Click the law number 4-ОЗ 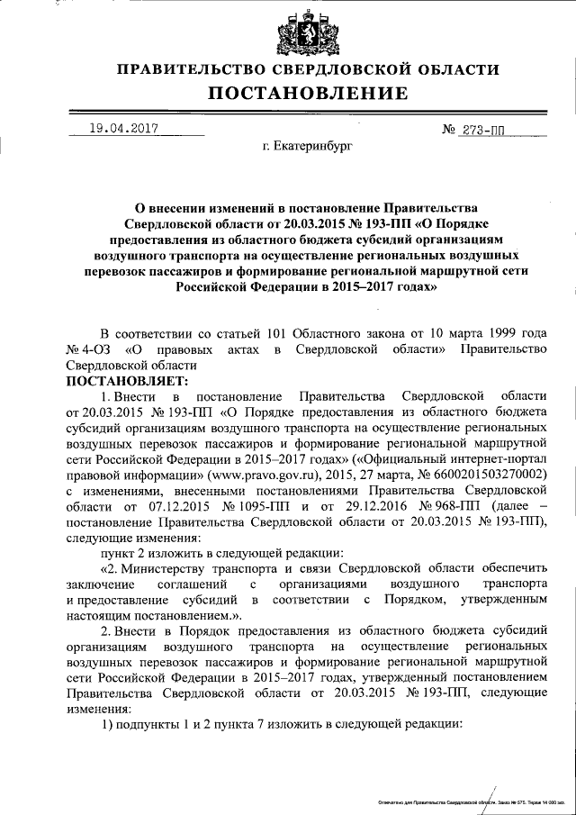pyautogui.click(x=88, y=349)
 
